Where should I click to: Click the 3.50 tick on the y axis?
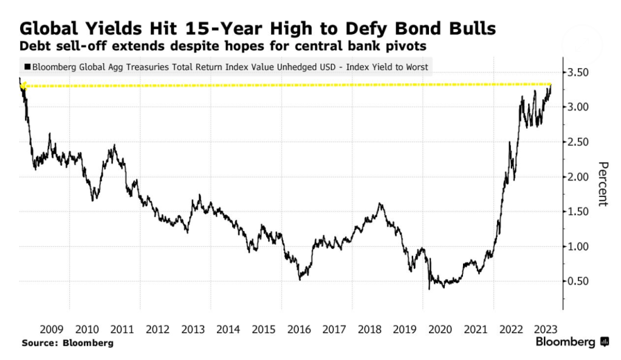tap(578, 73)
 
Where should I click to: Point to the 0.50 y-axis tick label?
tap(578, 282)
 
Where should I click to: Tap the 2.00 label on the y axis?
tap(578, 177)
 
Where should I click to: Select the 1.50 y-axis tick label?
tap(578, 212)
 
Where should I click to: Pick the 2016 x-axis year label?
tap(299, 329)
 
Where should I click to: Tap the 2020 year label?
tap(441, 329)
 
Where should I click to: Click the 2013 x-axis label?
tap(193, 329)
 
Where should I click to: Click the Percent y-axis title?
tap(603, 184)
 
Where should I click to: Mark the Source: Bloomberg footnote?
tap(67, 343)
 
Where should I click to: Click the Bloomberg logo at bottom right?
tap(571, 342)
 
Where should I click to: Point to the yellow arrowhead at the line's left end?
tap(22, 86)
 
